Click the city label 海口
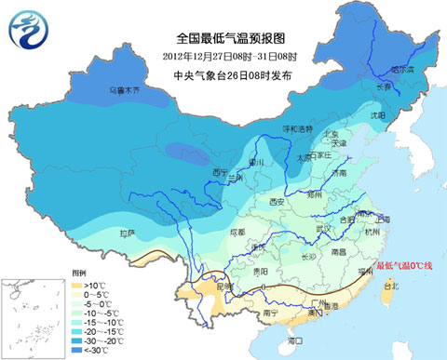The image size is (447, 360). [x=296, y=341]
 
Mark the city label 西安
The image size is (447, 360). [x=276, y=201]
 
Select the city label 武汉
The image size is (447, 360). [x=323, y=228]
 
